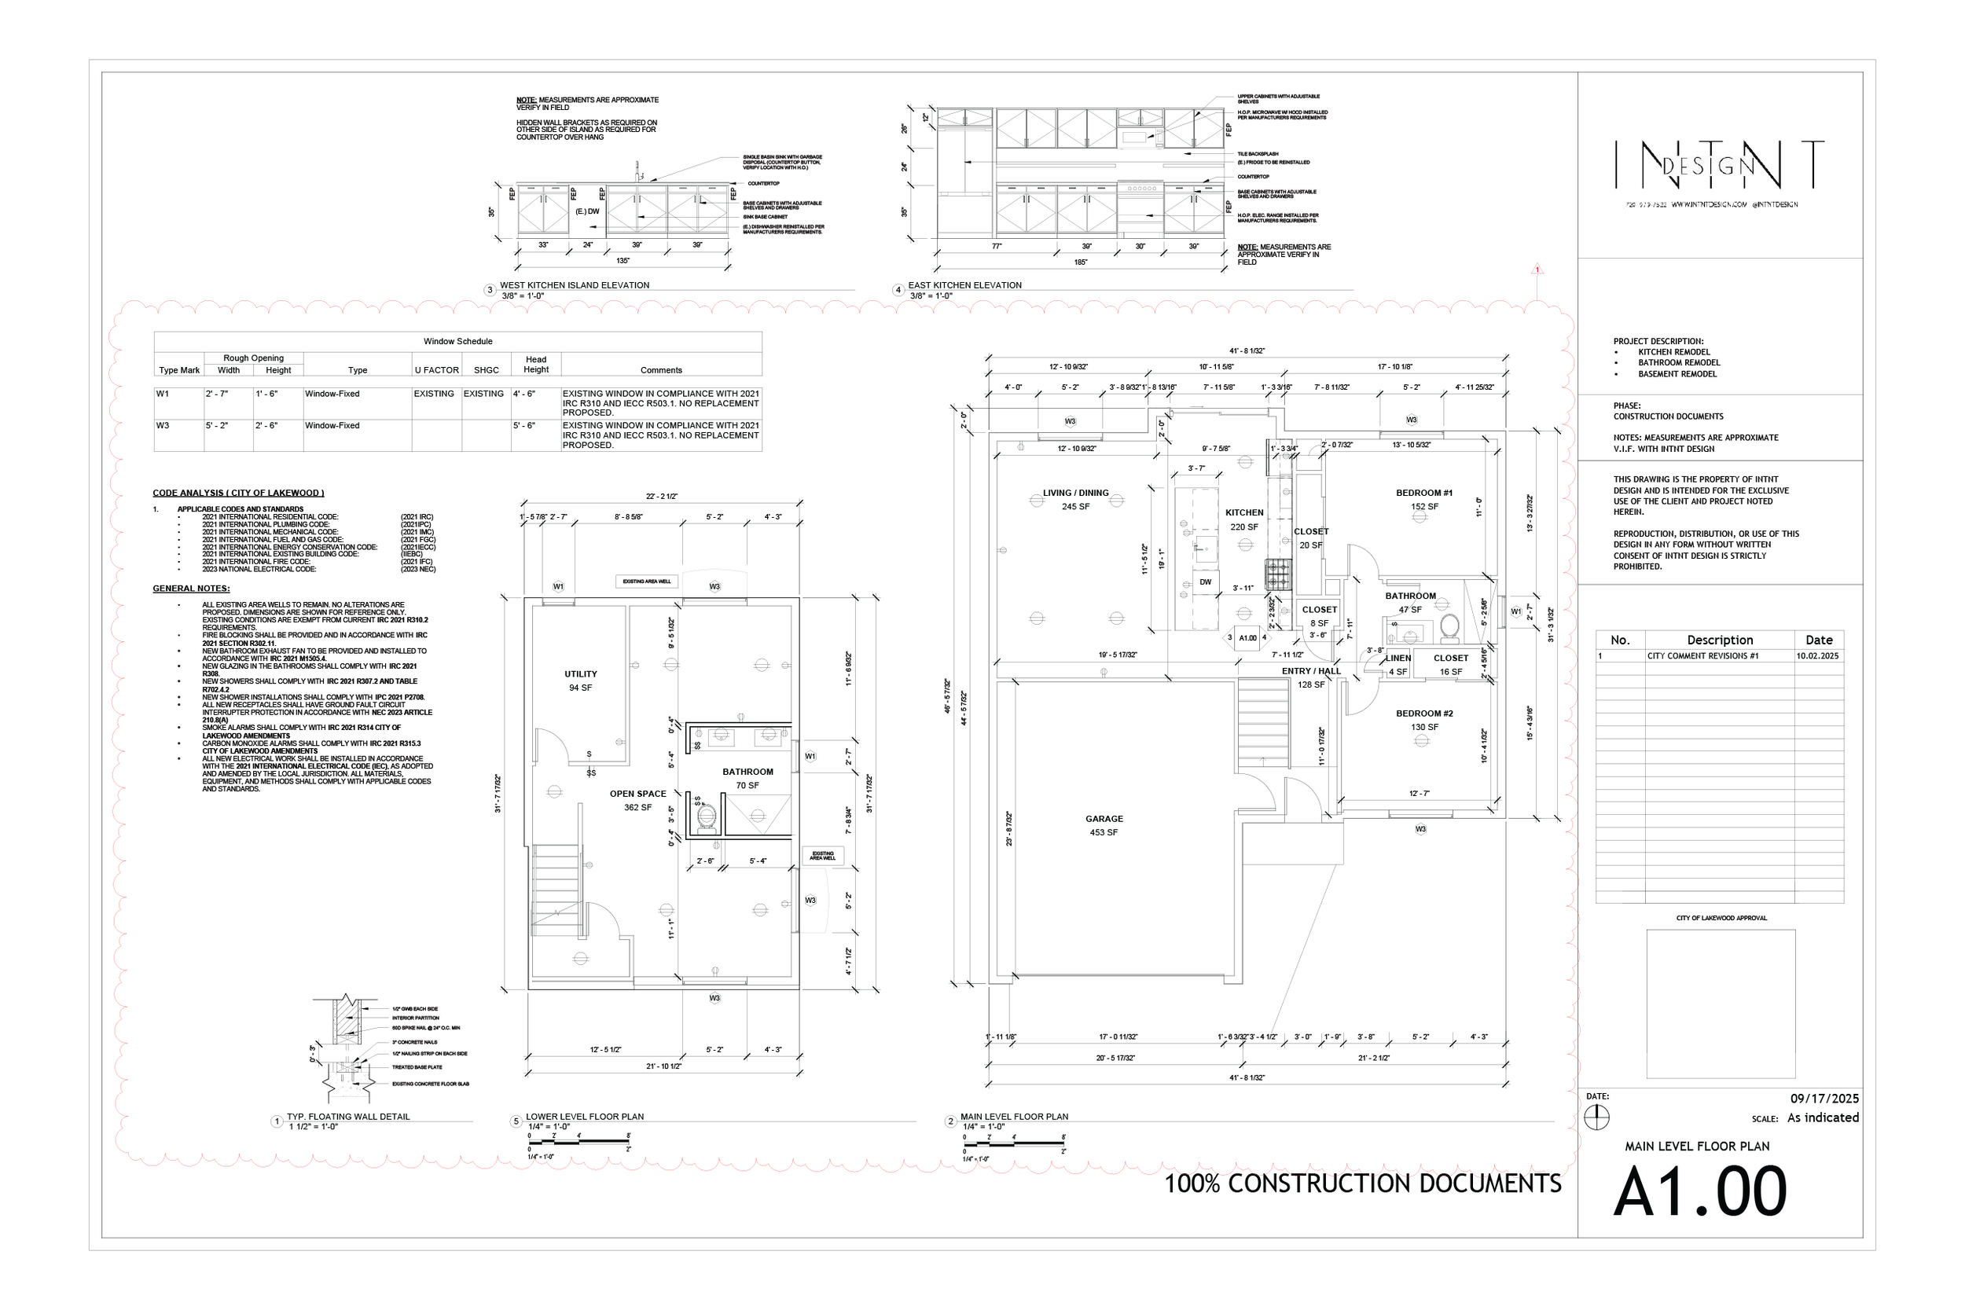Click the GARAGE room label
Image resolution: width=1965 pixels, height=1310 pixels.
pyautogui.click(x=1104, y=819)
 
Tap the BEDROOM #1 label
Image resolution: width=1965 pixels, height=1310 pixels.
pyautogui.click(x=1423, y=493)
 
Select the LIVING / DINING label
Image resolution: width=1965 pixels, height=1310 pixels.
pyautogui.click(x=1075, y=493)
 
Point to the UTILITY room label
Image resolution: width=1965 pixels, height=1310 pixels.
pyautogui.click(x=581, y=674)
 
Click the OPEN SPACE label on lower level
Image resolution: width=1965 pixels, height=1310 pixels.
pyautogui.click(x=637, y=794)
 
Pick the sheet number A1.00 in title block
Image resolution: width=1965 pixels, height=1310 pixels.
pyautogui.click(x=1699, y=1192)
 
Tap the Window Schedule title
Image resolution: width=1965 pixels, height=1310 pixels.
pyautogui.click(x=457, y=341)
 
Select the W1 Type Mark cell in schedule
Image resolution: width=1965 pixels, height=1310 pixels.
pyautogui.click(x=163, y=394)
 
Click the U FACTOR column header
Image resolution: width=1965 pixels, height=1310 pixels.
pyautogui.click(x=436, y=370)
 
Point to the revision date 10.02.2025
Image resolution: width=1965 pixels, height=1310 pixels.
pyautogui.click(x=1817, y=656)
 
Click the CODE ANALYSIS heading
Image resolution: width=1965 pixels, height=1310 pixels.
pyautogui.click(x=238, y=493)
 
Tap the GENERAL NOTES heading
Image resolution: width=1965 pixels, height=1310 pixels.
pyautogui.click(x=191, y=588)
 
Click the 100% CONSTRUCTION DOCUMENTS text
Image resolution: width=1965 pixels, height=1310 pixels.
pyautogui.click(x=1363, y=1183)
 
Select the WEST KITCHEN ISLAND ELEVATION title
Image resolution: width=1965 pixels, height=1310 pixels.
pyautogui.click(x=574, y=285)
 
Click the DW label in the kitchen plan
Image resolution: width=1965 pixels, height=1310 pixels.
pyautogui.click(x=1206, y=582)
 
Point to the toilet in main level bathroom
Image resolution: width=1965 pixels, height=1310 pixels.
pyautogui.click(x=1449, y=626)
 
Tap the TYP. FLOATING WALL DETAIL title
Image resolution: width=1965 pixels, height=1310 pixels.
pyautogui.click(x=347, y=1116)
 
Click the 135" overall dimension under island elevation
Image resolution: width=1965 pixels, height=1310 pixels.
pyautogui.click(x=623, y=261)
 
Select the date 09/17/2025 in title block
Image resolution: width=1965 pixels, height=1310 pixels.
pyautogui.click(x=1824, y=1099)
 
